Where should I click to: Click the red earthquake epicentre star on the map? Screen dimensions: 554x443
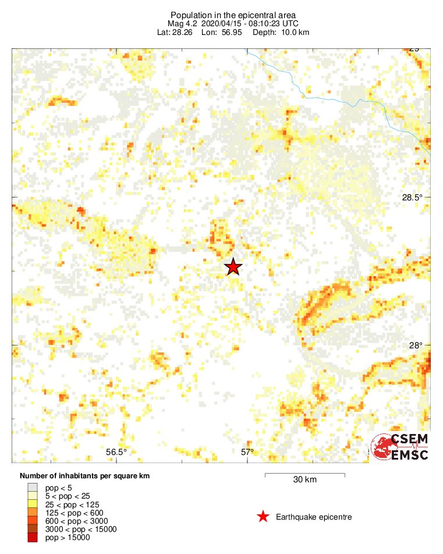pyautogui.click(x=233, y=267)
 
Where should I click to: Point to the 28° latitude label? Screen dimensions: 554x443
pyautogui.click(x=416, y=345)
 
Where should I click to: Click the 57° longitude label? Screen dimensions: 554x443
pyautogui.click(x=247, y=451)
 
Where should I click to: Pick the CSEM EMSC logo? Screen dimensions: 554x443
pyautogui.click(x=401, y=447)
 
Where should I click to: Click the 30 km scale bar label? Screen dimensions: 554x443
pyautogui.click(x=304, y=480)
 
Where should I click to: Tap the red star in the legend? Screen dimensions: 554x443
pyautogui.click(x=263, y=517)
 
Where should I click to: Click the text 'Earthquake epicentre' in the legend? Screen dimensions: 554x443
pyautogui.click(x=314, y=517)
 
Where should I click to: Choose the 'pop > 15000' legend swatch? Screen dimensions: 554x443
pyautogui.click(x=33, y=538)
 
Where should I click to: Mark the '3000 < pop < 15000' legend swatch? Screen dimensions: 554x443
pyautogui.click(x=33, y=529)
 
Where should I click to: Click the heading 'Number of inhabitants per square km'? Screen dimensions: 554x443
pyautogui.click(x=84, y=476)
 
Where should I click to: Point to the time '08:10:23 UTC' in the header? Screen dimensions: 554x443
pyautogui.click(x=274, y=23)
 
